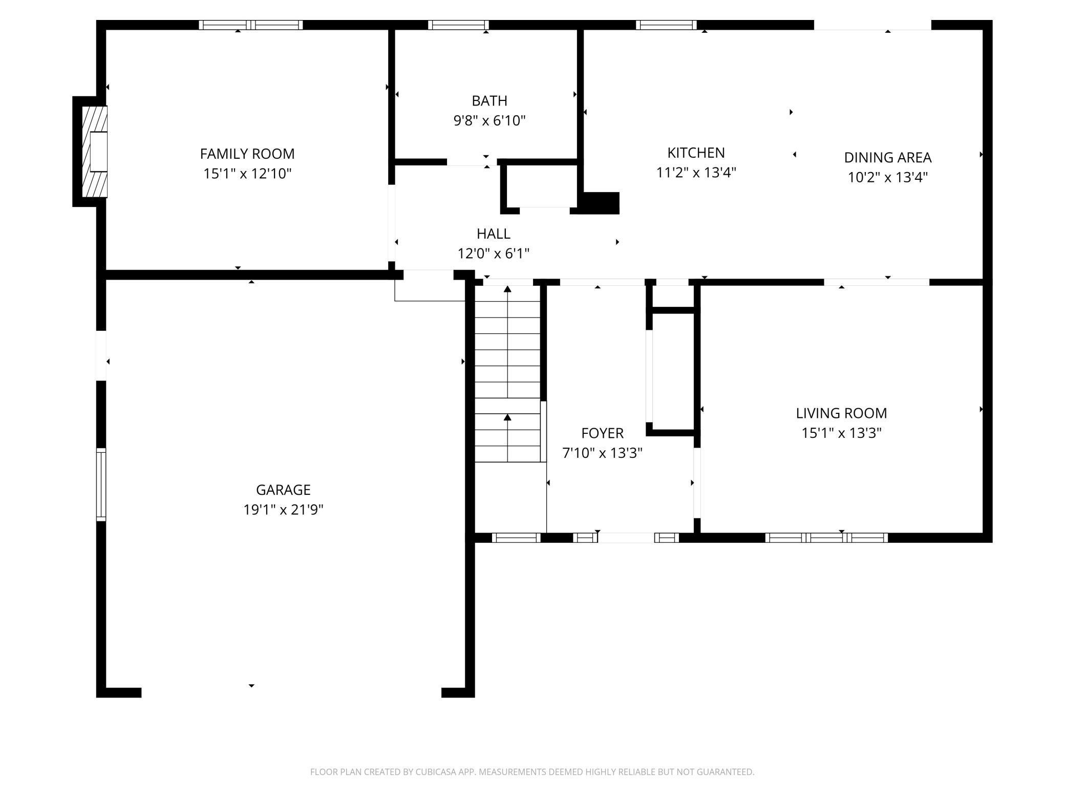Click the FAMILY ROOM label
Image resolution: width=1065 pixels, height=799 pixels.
[247, 154]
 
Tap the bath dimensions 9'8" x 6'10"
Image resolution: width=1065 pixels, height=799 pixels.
[489, 121]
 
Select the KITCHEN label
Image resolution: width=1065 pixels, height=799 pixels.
[696, 153]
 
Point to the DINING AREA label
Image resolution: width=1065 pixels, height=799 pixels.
[887, 157]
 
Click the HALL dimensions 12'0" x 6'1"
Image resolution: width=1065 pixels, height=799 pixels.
[493, 254]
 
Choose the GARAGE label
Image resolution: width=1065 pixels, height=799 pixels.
[283, 490]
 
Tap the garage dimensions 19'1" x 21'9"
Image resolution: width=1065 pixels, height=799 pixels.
[283, 510]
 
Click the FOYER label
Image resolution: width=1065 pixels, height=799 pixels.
[602, 433]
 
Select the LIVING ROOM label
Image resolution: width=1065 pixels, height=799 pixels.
[841, 413]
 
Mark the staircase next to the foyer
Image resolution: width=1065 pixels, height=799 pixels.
[507, 374]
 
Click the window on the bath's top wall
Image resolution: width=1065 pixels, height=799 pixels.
[458, 25]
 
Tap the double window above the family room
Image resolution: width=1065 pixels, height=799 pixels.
[251, 25]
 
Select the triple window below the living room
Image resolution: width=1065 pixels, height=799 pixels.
[826, 537]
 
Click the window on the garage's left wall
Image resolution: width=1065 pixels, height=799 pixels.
[101, 485]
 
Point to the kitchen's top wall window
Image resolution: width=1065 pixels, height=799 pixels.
[666, 25]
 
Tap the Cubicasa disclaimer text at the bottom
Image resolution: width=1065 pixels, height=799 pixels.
[532, 772]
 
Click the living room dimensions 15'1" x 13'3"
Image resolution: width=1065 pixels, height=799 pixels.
[841, 433]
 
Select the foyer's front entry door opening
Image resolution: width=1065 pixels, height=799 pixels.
[626, 537]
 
